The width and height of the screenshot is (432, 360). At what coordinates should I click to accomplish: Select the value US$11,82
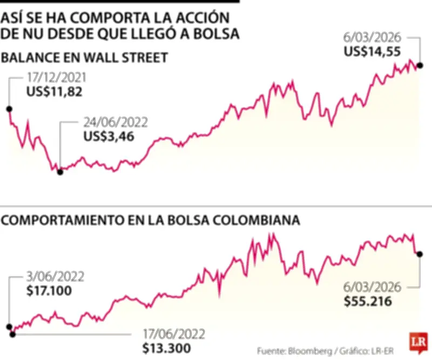54,92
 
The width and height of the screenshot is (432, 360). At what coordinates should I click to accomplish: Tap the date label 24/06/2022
115,122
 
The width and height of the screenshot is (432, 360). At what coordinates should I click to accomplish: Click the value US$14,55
372,52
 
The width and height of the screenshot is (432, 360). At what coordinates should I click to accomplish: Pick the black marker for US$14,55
420,65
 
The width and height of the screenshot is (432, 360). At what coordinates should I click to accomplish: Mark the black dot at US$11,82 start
9,109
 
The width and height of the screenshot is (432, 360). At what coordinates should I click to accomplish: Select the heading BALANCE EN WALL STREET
85,58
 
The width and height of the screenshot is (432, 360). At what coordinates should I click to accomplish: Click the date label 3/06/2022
55,277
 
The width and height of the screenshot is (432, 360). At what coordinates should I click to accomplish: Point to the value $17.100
48,291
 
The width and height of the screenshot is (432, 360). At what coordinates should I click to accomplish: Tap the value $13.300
165,348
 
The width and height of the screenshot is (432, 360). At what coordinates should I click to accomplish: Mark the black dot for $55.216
420,254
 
